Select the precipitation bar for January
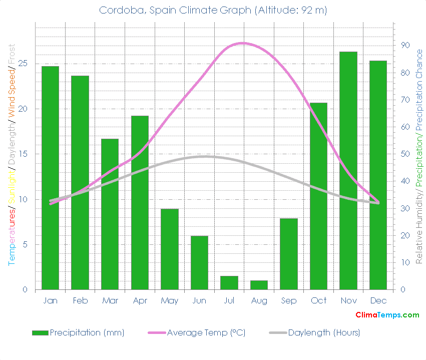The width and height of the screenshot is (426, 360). (x=50, y=178)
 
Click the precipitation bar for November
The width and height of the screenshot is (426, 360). (x=348, y=170)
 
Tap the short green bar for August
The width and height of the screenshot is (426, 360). (x=259, y=285)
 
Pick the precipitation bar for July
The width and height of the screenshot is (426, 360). (x=229, y=283)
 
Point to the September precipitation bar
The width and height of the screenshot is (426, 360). (x=289, y=254)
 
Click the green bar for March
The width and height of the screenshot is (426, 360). (x=110, y=214)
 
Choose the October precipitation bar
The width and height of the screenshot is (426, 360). (x=318, y=196)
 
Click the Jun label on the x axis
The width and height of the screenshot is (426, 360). (x=199, y=300)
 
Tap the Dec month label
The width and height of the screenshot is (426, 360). (x=378, y=300)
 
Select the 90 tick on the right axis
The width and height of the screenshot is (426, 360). (x=405, y=46)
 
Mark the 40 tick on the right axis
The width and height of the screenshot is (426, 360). (x=405, y=181)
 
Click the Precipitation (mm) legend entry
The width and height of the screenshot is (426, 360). (x=78, y=332)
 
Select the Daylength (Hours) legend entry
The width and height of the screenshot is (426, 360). (x=315, y=332)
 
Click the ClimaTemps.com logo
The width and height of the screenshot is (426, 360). (x=387, y=315)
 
